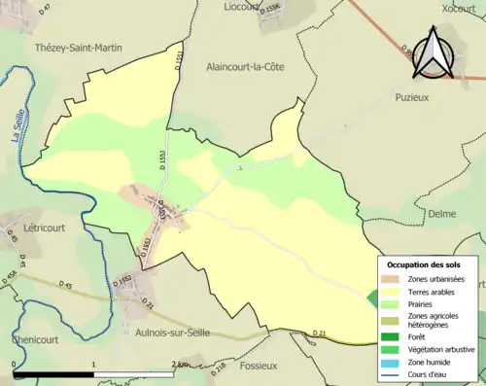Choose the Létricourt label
[28, 222]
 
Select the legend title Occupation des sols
[424, 264]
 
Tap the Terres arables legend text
[434, 291]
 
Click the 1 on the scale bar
[94, 365]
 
